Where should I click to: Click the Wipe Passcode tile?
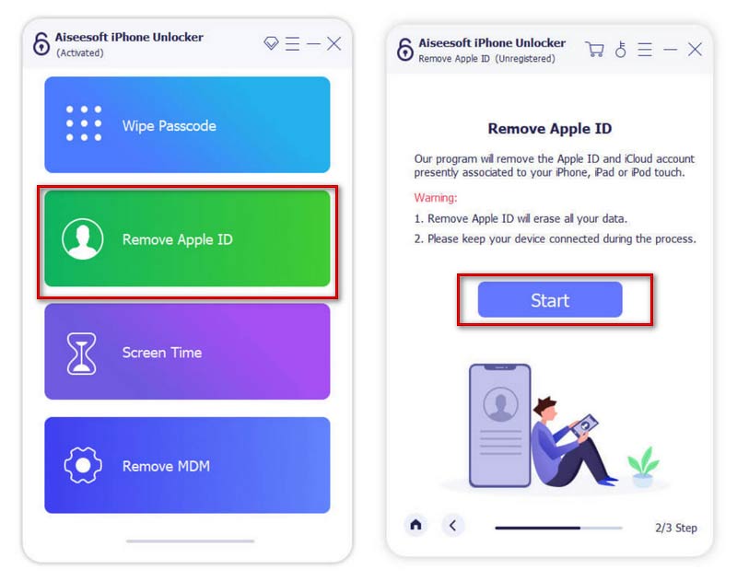coord(187,125)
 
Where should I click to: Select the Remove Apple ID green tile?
coord(187,239)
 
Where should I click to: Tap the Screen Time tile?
coord(187,352)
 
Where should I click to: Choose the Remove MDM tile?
coord(187,465)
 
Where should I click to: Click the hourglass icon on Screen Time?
coord(82,353)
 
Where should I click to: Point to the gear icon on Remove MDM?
coord(82,466)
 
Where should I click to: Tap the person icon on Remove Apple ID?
coord(82,239)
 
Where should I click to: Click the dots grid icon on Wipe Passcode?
coord(84,123)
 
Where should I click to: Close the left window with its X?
coord(333,43)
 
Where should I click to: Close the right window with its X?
coord(695,49)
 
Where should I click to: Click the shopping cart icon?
coord(595,49)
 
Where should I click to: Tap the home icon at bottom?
coord(416,525)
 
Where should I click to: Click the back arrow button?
coord(452,525)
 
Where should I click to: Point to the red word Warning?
coord(435,198)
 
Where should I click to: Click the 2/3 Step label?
coord(675,528)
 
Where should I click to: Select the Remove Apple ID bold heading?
coord(549,129)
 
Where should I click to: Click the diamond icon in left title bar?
coord(271,43)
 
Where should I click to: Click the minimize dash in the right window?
coord(670,49)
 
